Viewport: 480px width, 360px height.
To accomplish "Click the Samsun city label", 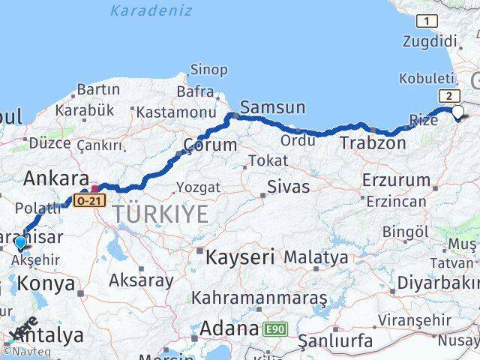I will pyautogui.click(x=273, y=107).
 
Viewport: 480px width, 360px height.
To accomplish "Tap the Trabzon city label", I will pyautogui.click(x=373, y=142).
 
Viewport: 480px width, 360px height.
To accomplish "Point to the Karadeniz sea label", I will pyautogui.click(x=151, y=10).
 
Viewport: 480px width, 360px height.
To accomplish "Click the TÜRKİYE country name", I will pyautogui.click(x=160, y=214).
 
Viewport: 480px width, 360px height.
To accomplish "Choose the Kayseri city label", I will pyautogui.click(x=239, y=256).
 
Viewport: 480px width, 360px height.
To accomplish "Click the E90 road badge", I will pyautogui.click(x=274, y=328).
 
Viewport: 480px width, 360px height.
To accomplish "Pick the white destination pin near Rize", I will pyautogui.click(x=457, y=112).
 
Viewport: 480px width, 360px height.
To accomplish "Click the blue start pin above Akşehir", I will pyautogui.click(x=20, y=242).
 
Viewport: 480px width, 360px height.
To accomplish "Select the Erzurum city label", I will pyautogui.click(x=396, y=180).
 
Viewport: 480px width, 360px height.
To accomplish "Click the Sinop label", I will pyautogui.click(x=209, y=70).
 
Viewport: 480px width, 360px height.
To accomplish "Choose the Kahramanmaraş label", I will pyautogui.click(x=259, y=298).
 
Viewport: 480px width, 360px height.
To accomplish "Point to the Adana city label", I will pyautogui.click(x=229, y=328).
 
